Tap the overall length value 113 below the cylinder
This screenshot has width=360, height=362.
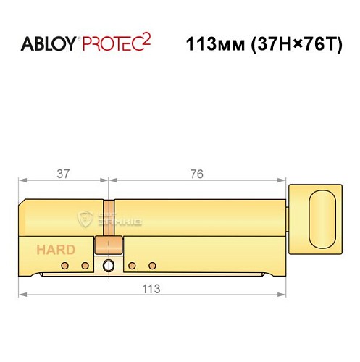click(151, 287)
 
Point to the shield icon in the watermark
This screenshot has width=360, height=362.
click(85, 219)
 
